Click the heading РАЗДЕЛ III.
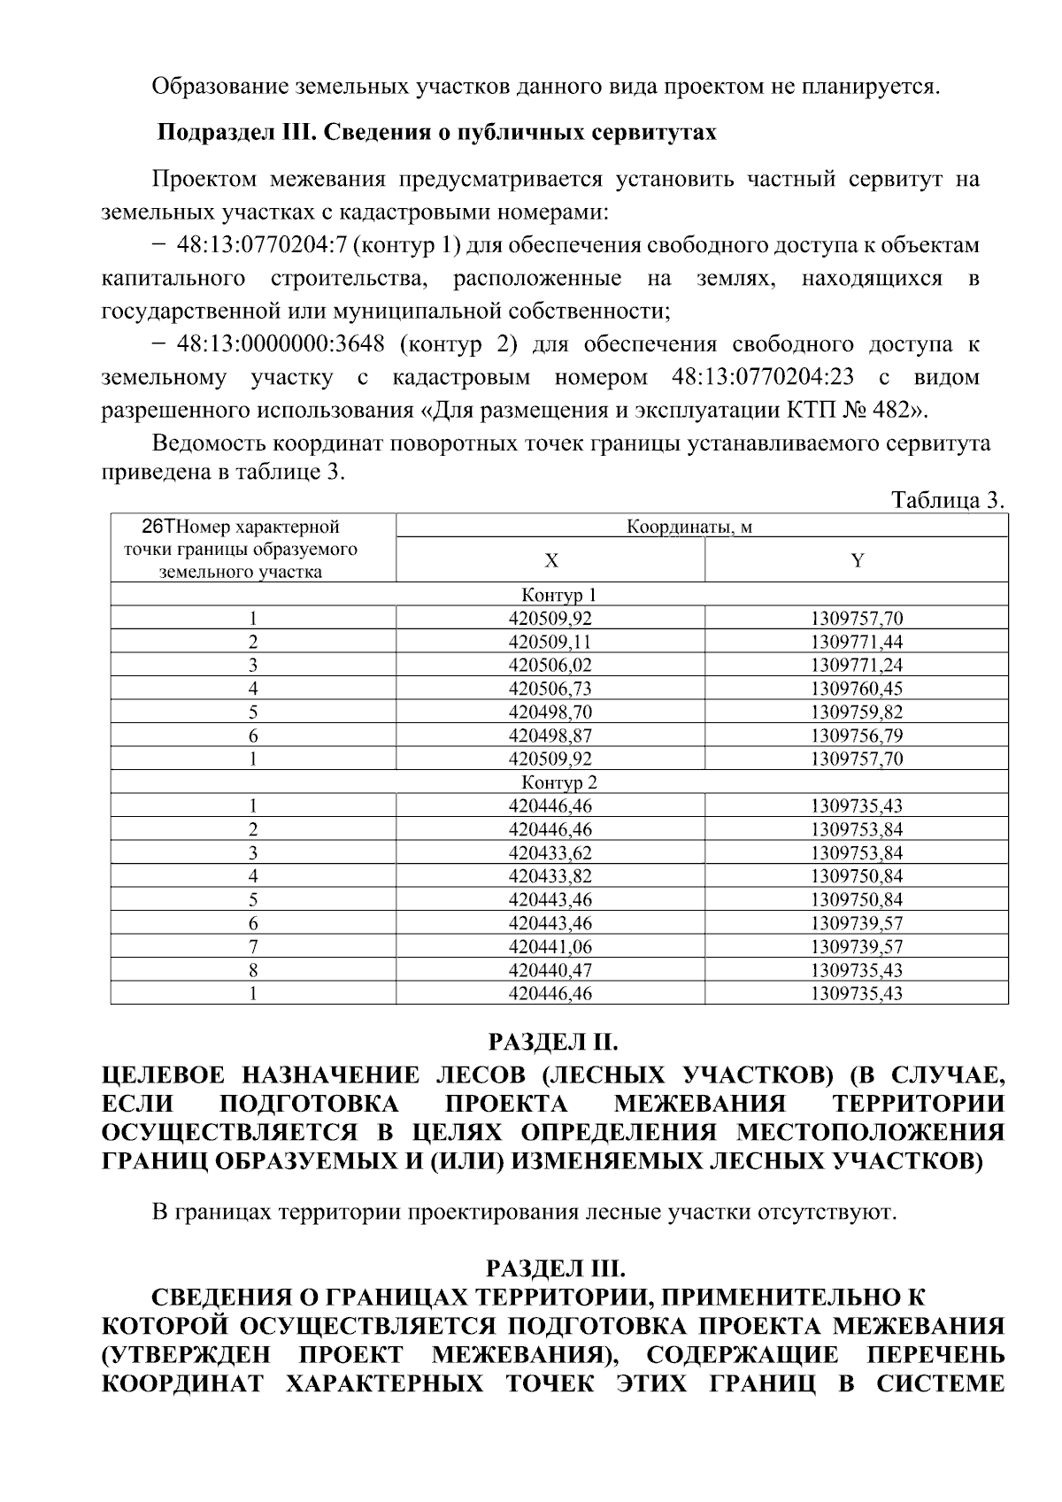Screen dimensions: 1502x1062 555,1269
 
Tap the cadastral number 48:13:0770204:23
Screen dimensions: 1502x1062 763,378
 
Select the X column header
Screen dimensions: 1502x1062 550,560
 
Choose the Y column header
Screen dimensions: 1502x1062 857,560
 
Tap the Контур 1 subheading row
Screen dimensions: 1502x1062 559,595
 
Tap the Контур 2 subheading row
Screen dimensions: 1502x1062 559,782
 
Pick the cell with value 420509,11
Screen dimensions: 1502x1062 550,642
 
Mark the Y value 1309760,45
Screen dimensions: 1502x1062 857,689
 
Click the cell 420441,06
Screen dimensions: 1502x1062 550,947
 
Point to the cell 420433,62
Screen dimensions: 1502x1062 550,853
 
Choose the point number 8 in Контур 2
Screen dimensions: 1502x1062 253,970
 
